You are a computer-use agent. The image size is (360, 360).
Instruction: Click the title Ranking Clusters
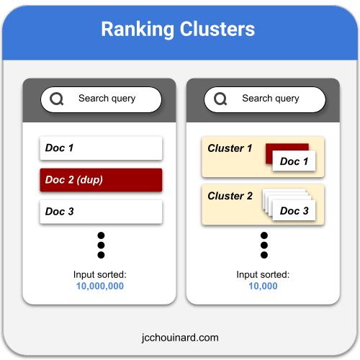point(178,29)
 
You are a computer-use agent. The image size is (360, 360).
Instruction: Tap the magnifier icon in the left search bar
point(57,99)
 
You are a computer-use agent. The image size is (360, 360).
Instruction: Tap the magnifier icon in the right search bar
point(220,99)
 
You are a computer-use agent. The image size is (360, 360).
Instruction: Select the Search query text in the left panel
point(107,99)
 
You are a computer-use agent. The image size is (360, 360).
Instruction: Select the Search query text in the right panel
point(271,99)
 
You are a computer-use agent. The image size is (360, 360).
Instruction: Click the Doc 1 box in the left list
point(101,148)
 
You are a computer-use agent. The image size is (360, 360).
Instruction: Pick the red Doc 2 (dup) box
point(101,180)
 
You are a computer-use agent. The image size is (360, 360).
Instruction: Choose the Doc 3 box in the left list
point(101,212)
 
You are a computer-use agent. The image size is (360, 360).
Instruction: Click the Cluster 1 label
point(230,148)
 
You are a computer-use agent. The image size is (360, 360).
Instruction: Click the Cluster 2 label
point(230,196)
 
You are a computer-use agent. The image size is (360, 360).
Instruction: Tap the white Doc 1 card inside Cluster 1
point(294,161)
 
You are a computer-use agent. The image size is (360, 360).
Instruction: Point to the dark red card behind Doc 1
point(287,148)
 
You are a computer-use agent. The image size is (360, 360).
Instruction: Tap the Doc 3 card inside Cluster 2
point(294,210)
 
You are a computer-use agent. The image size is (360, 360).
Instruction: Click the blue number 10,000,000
point(100,286)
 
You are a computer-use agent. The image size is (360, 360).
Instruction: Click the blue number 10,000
point(263,286)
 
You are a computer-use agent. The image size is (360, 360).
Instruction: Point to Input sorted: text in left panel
point(100,274)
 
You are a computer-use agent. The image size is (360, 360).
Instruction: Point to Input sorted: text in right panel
point(263,274)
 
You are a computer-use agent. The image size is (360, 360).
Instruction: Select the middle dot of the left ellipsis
point(101,246)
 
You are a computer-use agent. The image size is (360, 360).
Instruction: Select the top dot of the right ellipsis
point(264,235)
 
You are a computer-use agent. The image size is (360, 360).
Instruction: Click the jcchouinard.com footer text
point(180,338)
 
